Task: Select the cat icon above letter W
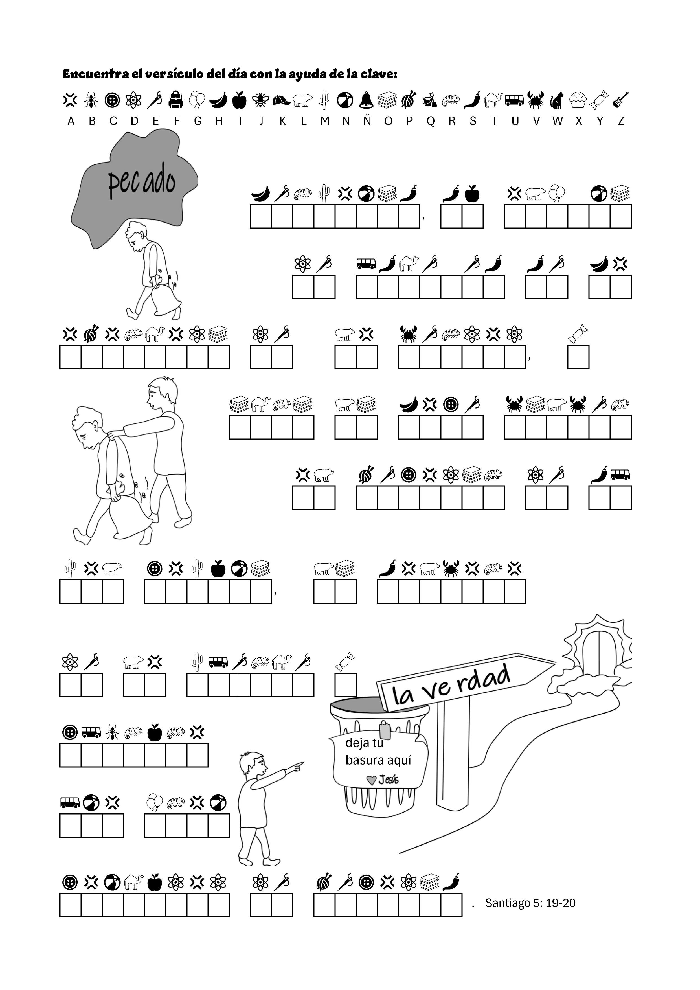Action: (x=556, y=100)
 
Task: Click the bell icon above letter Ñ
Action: (x=367, y=100)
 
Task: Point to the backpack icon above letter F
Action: (x=176, y=100)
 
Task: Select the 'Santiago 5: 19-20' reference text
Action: (x=530, y=903)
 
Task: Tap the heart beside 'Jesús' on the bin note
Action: (x=371, y=780)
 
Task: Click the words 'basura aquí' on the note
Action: (x=378, y=760)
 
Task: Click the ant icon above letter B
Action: (x=91, y=100)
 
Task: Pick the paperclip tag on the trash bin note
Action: (x=385, y=731)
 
